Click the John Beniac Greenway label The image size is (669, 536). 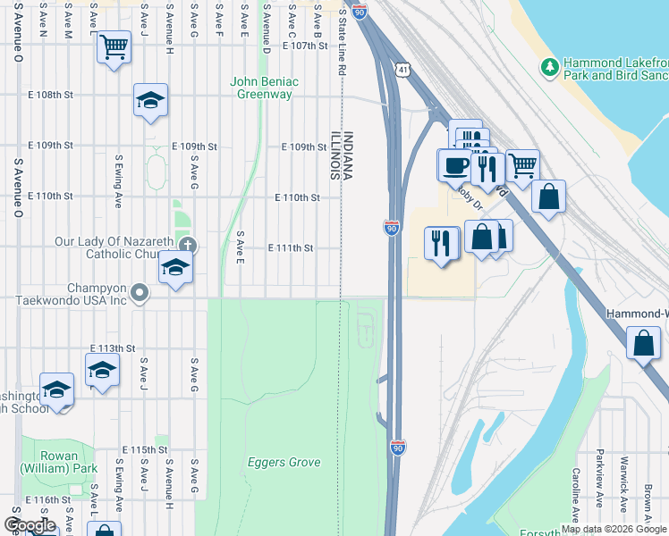point(264,88)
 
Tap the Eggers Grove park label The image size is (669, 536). point(284,462)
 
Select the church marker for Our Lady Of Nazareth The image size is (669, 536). point(186,246)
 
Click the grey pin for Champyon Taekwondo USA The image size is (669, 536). point(139,292)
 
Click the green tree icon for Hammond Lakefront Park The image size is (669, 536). point(550,68)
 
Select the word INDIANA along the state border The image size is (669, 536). point(349,156)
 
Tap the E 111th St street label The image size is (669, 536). point(290,247)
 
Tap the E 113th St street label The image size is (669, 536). point(112,348)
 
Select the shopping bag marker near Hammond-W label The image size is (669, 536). point(643,345)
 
